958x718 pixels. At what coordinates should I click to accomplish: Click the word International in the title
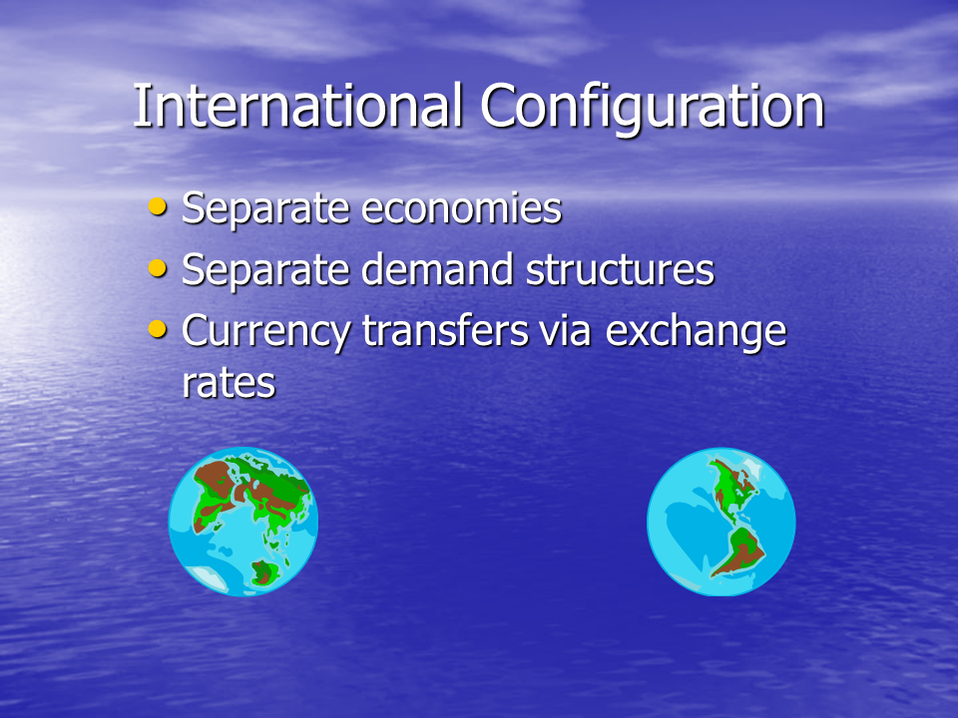point(297,106)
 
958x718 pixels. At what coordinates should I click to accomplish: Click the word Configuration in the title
point(652,109)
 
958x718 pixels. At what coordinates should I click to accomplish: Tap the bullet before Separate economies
point(158,207)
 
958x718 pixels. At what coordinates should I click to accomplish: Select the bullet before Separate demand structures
point(158,268)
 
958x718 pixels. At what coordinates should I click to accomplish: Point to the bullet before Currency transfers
point(158,330)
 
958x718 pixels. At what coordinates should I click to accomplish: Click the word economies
point(461,208)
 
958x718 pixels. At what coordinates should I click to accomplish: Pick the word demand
point(437,269)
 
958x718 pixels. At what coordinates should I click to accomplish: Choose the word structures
point(620,270)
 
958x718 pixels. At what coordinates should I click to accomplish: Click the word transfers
point(445,331)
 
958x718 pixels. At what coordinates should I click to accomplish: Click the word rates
point(230,384)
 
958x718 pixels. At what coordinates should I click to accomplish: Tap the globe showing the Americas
point(720,522)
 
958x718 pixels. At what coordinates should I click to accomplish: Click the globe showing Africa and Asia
point(243,522)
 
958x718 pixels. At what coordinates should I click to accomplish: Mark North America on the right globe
point(733,489)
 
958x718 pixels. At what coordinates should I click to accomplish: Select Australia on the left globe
point(264,572)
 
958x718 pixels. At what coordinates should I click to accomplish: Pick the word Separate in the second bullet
point(265,271)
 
